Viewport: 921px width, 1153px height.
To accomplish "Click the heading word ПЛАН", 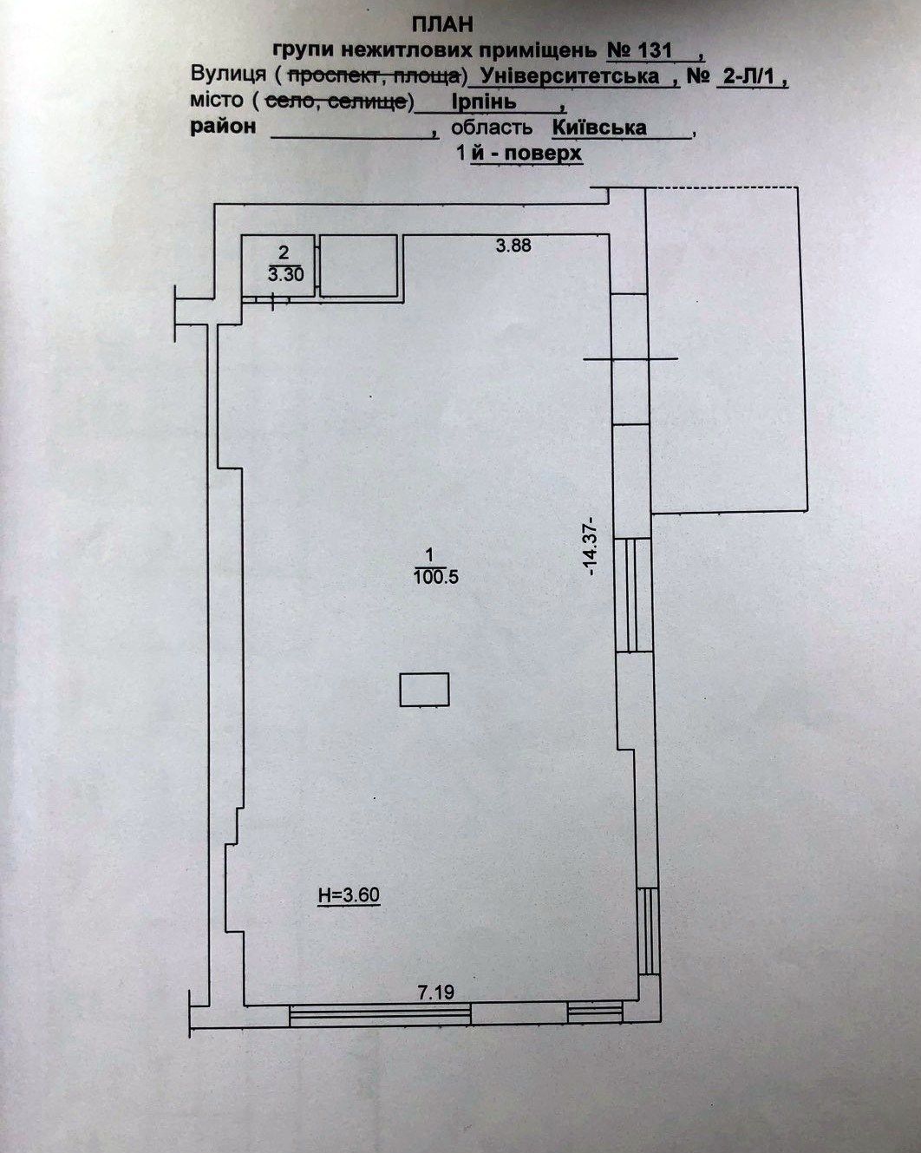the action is [443, 24].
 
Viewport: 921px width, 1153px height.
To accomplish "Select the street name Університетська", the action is [570, 76].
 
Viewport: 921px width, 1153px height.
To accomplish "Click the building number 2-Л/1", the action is [749, 76].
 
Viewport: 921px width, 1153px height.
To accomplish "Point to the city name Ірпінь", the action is [484, 102].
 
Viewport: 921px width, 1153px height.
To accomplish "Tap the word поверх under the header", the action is [543, 154].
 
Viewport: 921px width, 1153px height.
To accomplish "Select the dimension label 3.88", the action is [513, 246].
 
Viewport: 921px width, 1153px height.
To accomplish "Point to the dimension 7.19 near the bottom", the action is [436, 992].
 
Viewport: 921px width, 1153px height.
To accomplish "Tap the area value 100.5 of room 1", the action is [435, 578].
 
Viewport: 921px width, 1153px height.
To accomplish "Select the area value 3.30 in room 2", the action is [285, 274].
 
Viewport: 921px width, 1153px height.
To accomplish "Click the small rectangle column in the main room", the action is [424, 690].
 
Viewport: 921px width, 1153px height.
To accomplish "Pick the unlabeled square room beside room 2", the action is [358, 265].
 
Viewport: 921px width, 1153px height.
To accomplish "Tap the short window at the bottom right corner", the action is [595, 1013].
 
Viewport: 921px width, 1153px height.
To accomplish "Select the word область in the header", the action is [492, 128].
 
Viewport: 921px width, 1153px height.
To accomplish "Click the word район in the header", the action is [223, 128].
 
